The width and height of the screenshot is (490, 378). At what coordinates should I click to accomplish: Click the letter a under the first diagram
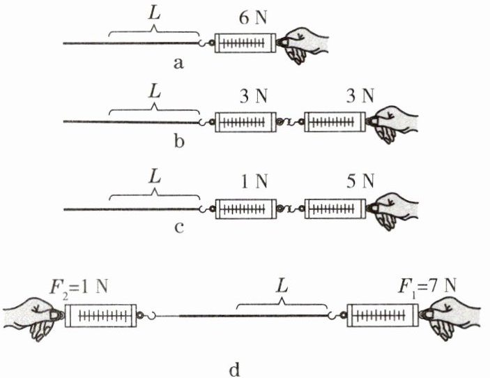(178, 64)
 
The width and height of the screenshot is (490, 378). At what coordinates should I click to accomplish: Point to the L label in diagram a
(154, 13)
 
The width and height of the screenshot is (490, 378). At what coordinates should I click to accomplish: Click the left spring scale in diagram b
(244, 123)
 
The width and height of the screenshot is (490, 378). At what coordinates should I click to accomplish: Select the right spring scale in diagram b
(334, 123)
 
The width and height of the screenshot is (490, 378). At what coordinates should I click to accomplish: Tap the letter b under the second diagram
(178, 144)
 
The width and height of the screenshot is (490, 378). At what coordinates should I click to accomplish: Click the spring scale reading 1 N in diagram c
(244, 209)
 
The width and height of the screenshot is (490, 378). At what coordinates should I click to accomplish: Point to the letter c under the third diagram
(178, 227)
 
